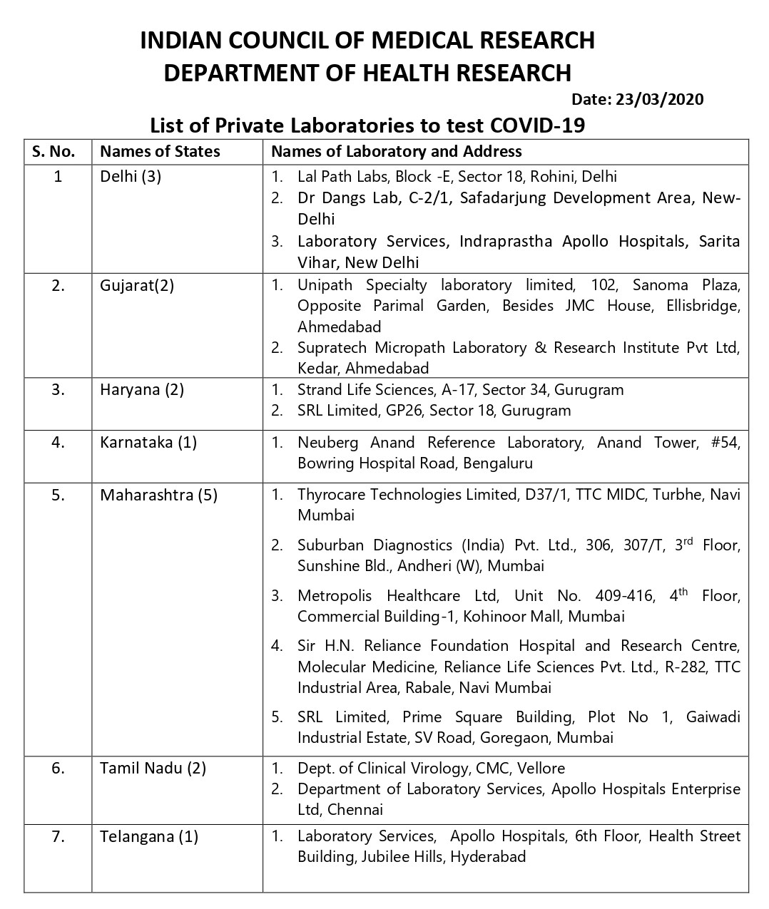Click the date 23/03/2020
(x=658, y=99)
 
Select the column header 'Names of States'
(x=160, y=151)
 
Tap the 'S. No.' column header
(x=54, y=151)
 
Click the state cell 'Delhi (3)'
(x=131, y=176)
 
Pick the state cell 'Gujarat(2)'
(x=137, y=285)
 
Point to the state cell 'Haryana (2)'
(x=142, y=390)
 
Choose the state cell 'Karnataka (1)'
(x=148, y=442)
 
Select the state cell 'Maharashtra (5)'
(x=158, y=495)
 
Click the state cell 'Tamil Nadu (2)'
(x=153, y=768)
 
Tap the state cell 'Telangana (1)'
(x=149, y=836)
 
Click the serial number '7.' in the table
(x=58, y=836)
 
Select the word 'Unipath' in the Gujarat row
(x=325, y=285)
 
